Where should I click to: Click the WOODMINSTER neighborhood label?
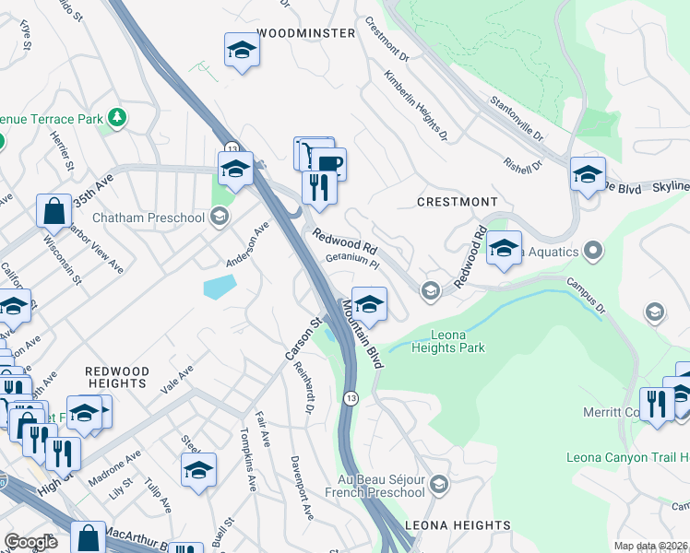point(305,33)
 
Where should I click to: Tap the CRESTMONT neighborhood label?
point(457,202)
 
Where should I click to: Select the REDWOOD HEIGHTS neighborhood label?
point(116,376)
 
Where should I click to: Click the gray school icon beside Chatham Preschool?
point(219,218)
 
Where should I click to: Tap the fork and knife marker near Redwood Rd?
point(318,188)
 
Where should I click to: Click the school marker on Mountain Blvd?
point(369,305)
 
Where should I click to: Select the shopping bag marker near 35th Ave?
point(54,210)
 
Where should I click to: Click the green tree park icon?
point(117,118)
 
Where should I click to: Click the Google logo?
point(30,542)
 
